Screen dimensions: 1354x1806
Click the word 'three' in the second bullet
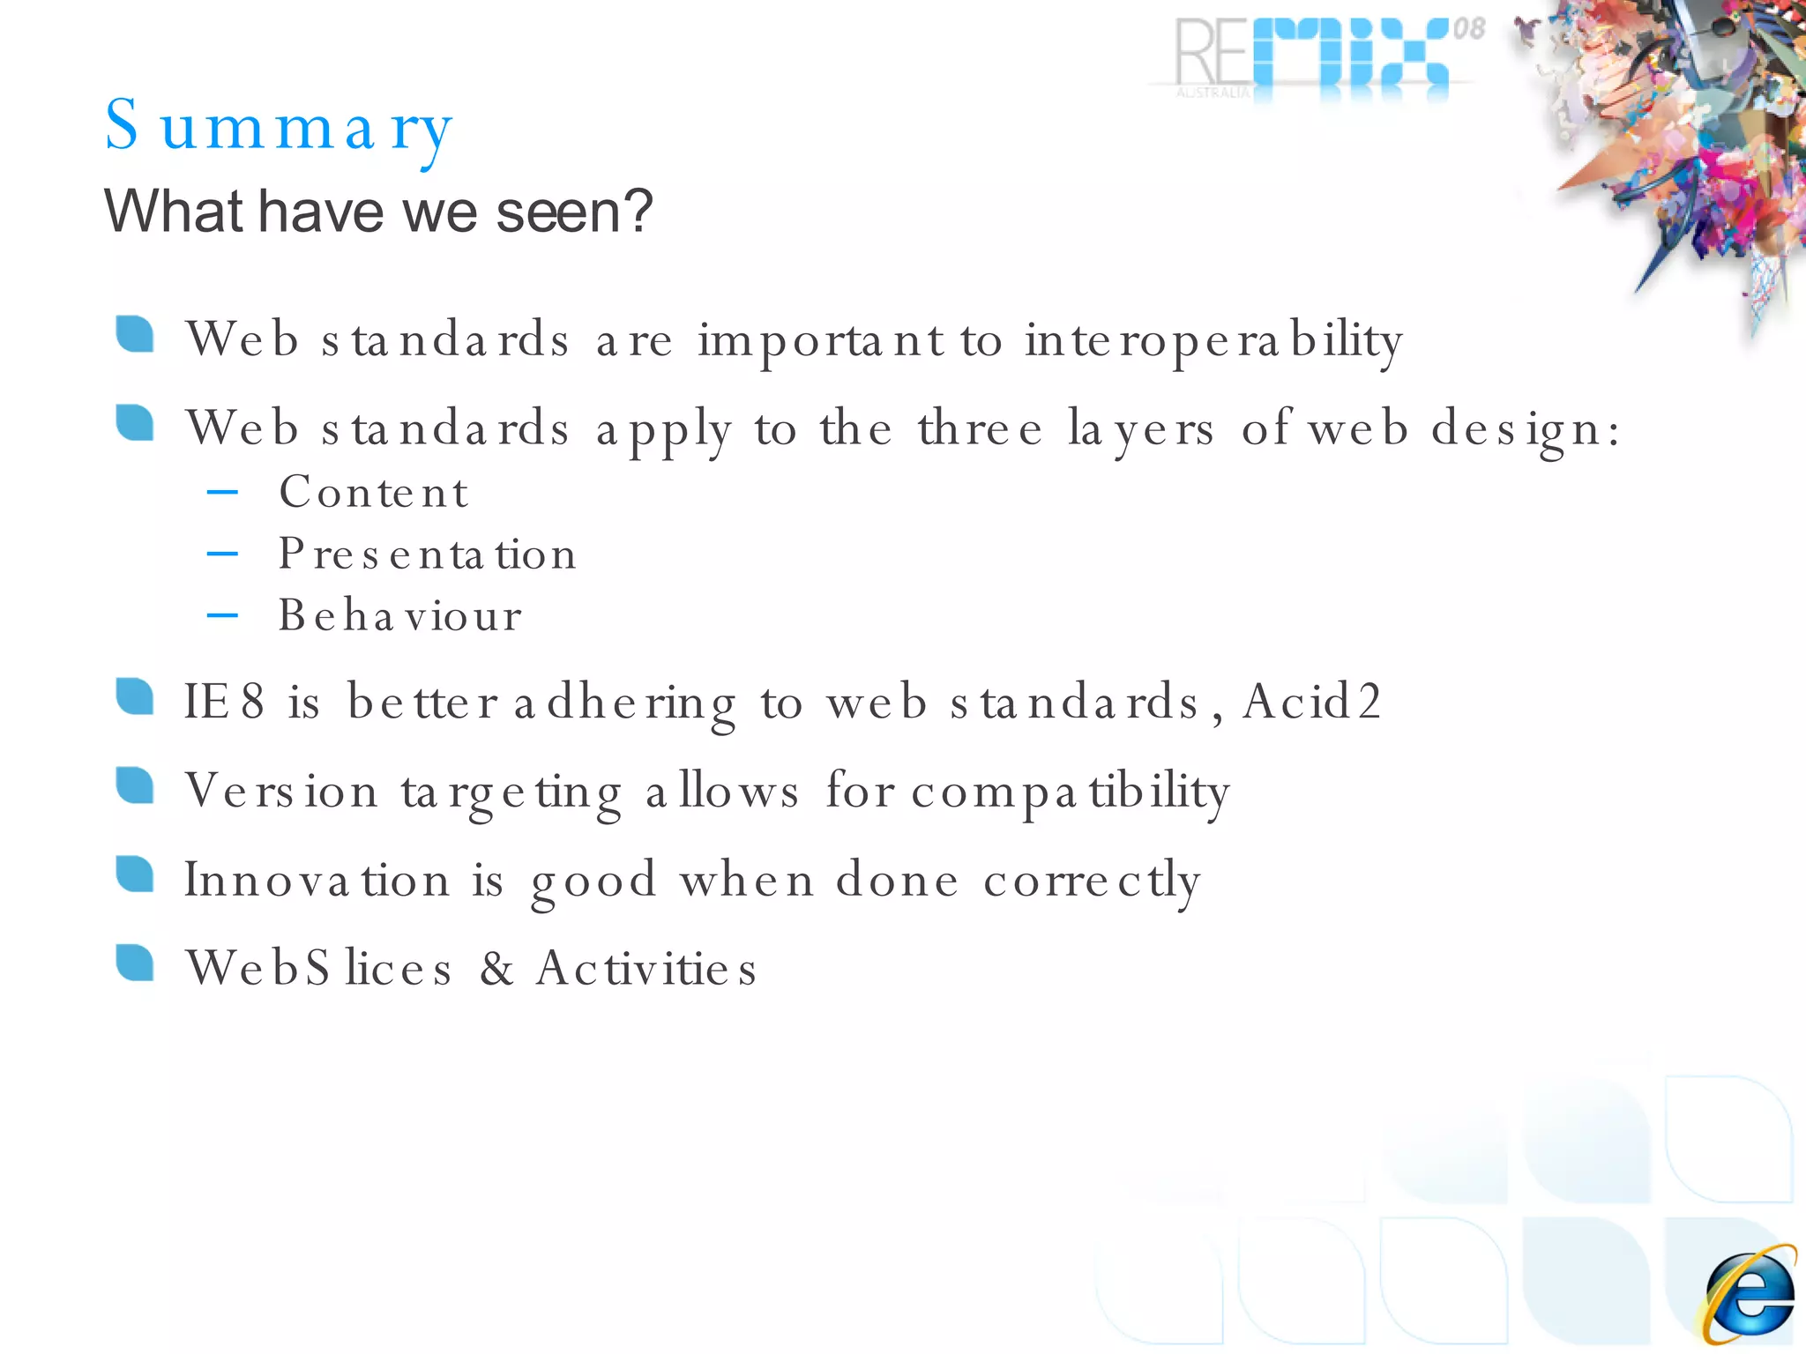pyautogui.click(x=980, y=430)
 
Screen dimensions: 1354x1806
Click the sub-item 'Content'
pyautogui.click(x=373, y=492)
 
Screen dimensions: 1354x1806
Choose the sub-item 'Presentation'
pyautogui.click(x=427, y=554)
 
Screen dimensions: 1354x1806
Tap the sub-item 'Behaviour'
pyautogui.click(x=399, y=615)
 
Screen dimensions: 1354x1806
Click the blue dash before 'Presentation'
pyautogui.click(x=222, y=554)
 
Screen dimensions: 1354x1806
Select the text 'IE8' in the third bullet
pyautogui.click(x=223, y=703)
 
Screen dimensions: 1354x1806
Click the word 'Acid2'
pyautogui.click(x=1311, y=703)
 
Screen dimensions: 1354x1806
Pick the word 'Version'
pyautogui.click(x=281, y=791)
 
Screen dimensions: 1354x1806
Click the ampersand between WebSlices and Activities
pyautogui.click(x=496, y=968)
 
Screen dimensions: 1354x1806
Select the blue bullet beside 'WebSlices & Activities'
pyautogui.click(x=135, y=963)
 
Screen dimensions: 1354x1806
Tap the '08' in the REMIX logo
pyautogui.click(x=1468, y=29)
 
